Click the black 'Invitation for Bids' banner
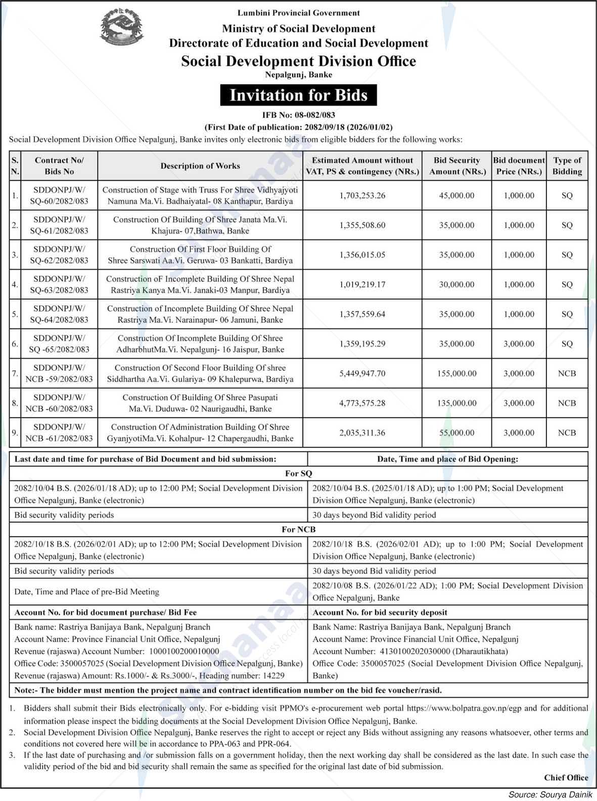pos(298,95)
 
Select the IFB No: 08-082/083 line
pos(298,115)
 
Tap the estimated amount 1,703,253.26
pos(362,195)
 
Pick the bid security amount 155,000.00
pos(457,373)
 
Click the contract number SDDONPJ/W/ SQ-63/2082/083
pos(59,284)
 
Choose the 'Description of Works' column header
pos(200,166)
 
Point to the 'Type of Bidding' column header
pos(567,166)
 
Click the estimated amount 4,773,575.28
pos(362,403)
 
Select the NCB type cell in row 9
pos(567,433)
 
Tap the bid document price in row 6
pos(519,344)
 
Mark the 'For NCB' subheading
pos(298,529)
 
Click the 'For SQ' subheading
pos(298,473)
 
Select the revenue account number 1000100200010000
pos(183,651)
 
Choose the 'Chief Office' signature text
pos(566,778)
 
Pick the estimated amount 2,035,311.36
pos(362,433)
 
